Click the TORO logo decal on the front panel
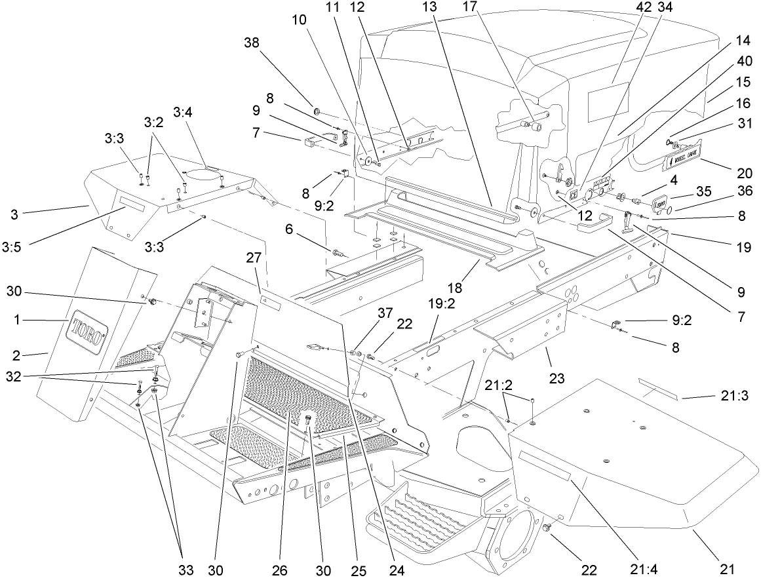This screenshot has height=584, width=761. [x=87, y=332]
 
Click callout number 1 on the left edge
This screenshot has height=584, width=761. [x=19, y=320]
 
